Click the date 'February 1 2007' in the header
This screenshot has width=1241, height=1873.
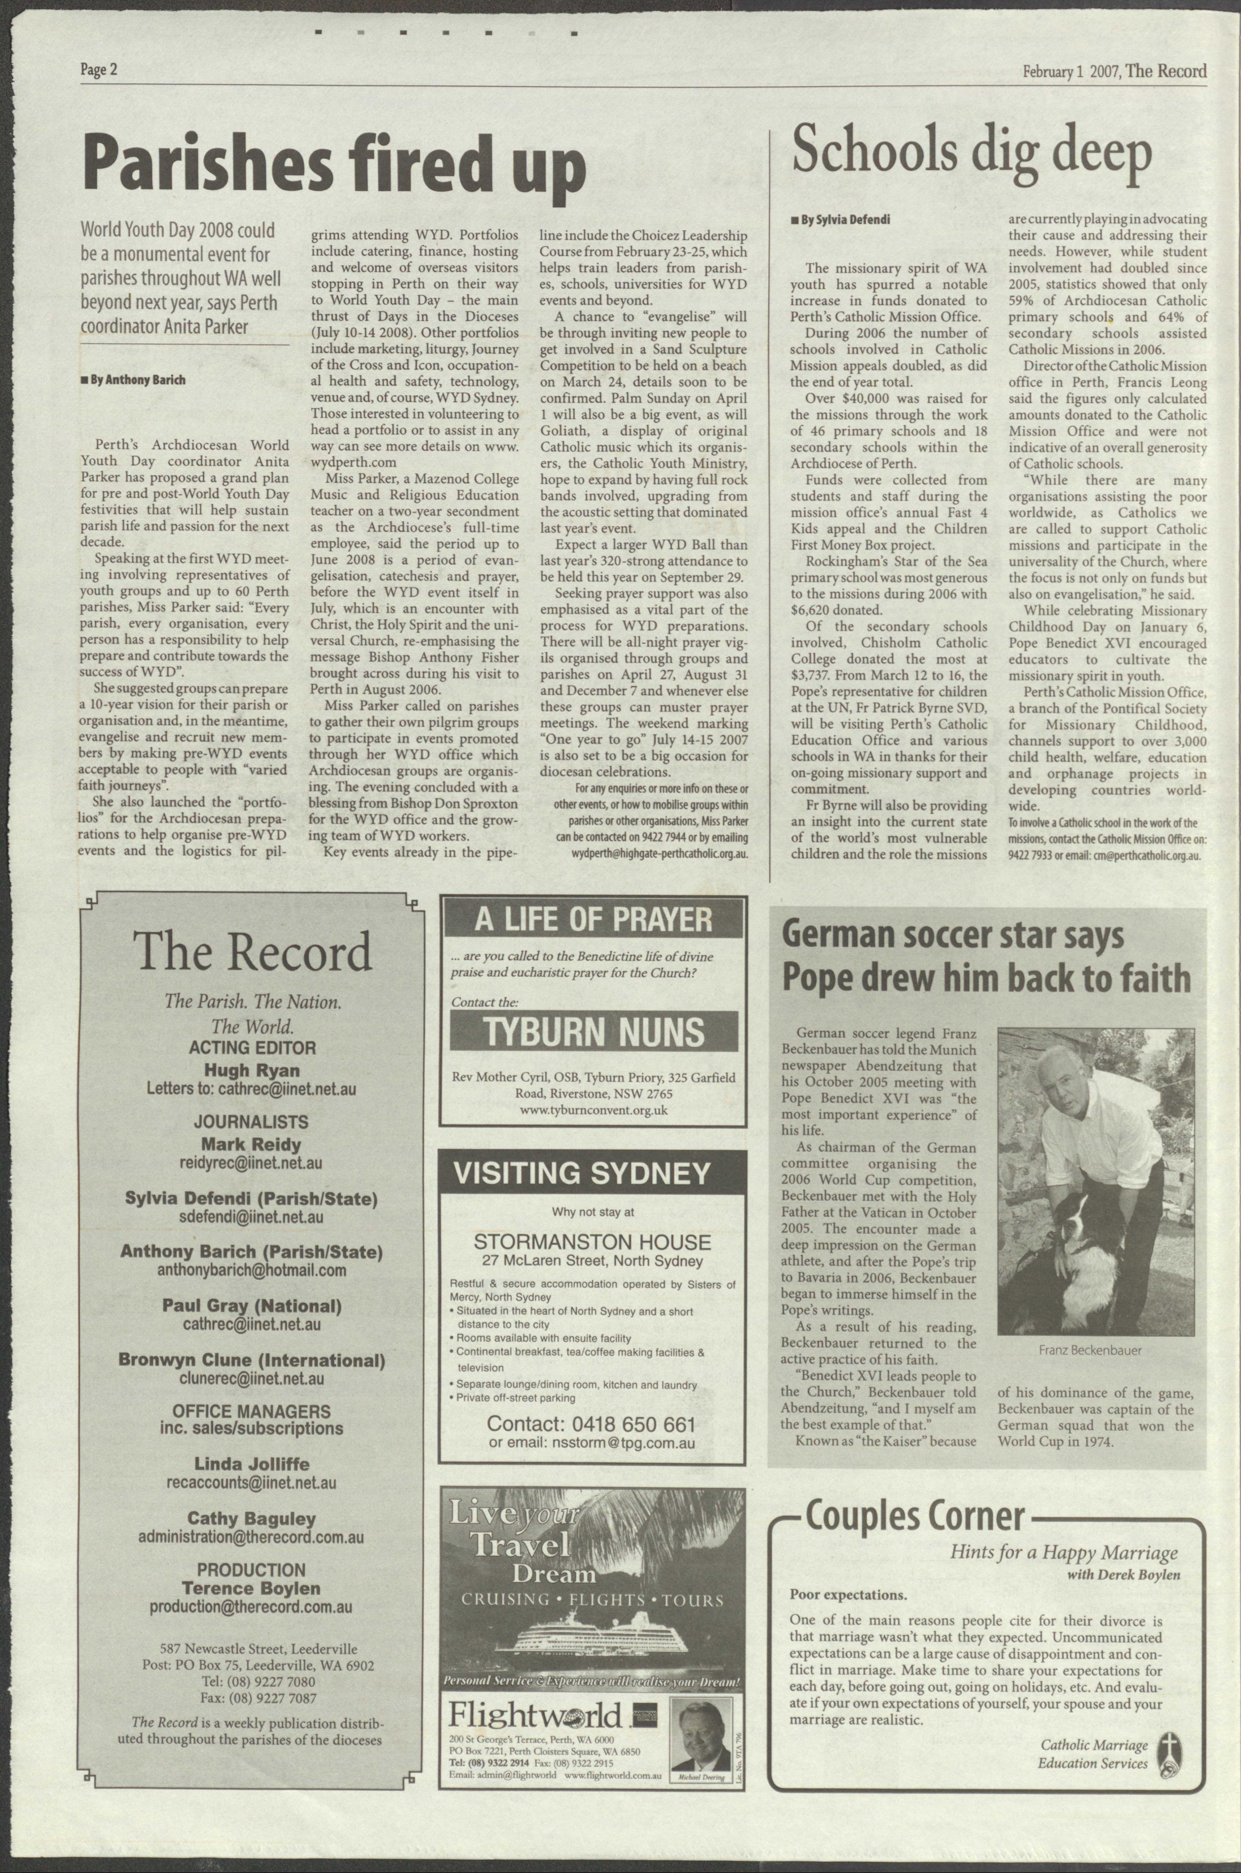1070,71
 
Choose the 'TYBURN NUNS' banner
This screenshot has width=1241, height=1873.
593,1032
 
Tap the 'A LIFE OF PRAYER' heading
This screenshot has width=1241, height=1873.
593,919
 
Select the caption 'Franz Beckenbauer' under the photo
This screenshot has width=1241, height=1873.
1090,1350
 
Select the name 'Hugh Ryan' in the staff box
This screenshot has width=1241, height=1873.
252,1071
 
